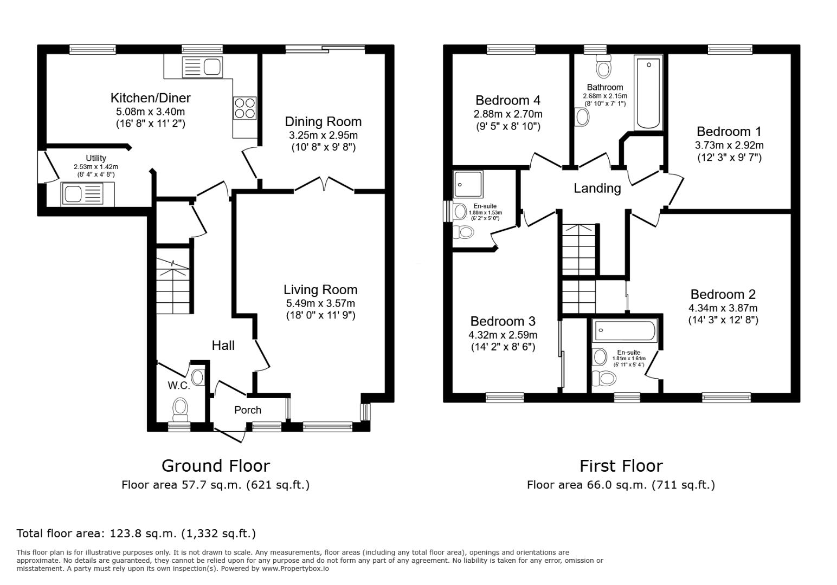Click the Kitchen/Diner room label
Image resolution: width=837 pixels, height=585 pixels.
click(x=150, y=98)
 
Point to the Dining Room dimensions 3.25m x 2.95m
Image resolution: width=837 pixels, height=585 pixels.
click(x=323, y=135)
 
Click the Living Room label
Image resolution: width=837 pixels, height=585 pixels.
click(x=320, y=290)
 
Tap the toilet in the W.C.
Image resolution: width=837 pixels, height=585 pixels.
click(x=179, y=409)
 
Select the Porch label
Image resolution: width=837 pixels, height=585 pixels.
click(x=248, y=410)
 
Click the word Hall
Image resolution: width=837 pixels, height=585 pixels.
click(x=223, y=346)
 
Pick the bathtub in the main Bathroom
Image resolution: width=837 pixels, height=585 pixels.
click(x=648, y=93)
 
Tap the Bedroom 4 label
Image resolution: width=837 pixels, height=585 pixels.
click(x=507, y=100)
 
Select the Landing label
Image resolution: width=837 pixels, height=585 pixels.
click(x=597, y=188)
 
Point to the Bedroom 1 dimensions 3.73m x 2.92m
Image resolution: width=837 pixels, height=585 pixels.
click(x=729, y=145)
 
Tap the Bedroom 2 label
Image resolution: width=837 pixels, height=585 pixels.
click(x=723, y=294)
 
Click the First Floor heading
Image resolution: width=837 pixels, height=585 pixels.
click(x=621, y=466)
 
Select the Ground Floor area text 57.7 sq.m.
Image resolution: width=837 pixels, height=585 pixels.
click(x=215, y=485)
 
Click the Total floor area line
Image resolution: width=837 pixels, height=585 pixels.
click(x=136, y=534)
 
